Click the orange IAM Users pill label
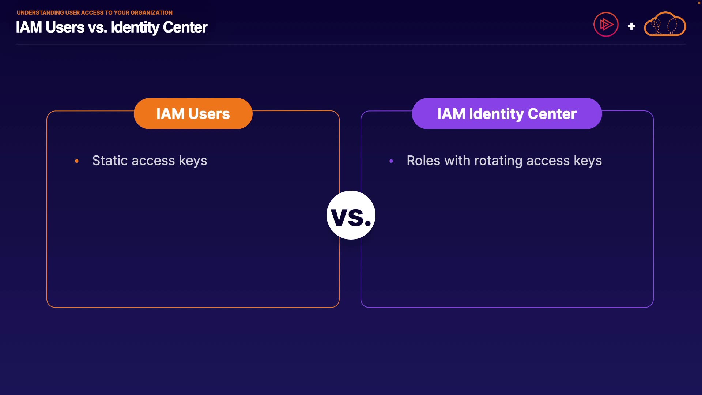193,113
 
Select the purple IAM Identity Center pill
507,113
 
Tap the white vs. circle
351,215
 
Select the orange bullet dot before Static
77,161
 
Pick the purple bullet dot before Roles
391,161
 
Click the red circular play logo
606,25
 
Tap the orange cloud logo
665,24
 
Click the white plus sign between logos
631,26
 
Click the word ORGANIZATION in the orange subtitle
151,12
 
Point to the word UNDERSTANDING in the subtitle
40,12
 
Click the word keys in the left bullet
193,161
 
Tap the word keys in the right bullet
588,161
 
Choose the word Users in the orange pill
209,114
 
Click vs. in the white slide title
97,27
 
